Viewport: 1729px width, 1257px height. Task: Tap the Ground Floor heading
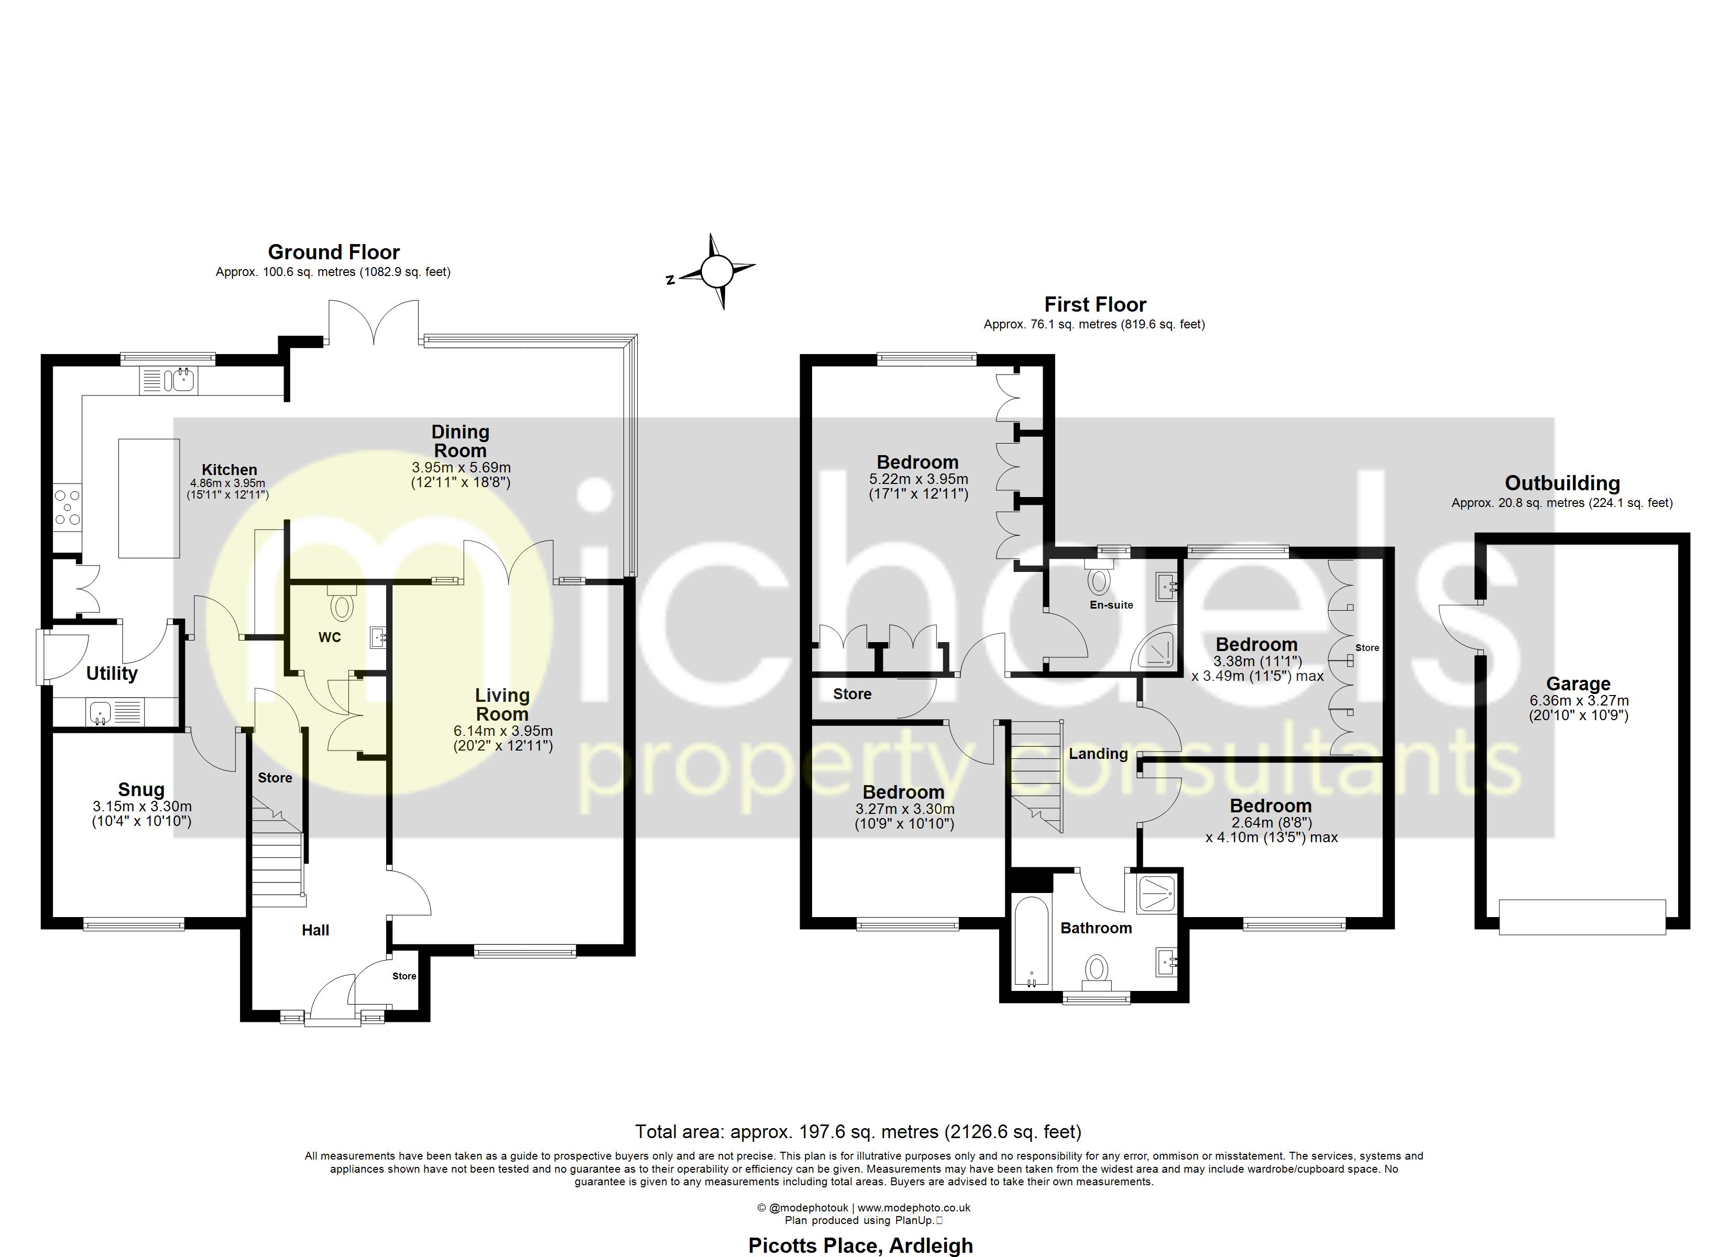(x=334, y=252)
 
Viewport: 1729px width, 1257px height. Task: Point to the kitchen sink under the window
(x=169, y=380)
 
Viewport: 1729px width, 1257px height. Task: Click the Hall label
(x=315, y=930)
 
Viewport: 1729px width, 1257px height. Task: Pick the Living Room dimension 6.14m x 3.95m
(x=502, y=731)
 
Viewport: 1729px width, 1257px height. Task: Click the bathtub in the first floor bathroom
(x=1031, y=942)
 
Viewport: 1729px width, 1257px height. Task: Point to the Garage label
(x=1578, y=684)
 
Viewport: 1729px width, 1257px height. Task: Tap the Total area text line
(x=858, y=1132)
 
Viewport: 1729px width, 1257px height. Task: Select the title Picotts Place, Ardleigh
(x=861, y=1245)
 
